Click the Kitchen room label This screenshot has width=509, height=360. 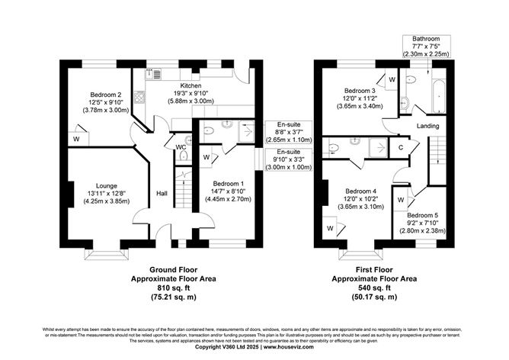[x=190, y=85]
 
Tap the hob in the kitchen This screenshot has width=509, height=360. [x=140, y=97]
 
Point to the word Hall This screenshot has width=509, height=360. [x=162, y=193]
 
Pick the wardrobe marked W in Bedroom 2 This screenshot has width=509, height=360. [x=77, y=139]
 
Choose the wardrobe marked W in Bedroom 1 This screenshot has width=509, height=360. [x=207, y=158]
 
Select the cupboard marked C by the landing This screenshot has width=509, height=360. [x=401, y=146]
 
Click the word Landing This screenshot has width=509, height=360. [x=427, y=125]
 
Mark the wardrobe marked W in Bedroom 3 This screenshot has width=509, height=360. [x=391, y=79]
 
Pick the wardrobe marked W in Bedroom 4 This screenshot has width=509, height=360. [x=330, y=227]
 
